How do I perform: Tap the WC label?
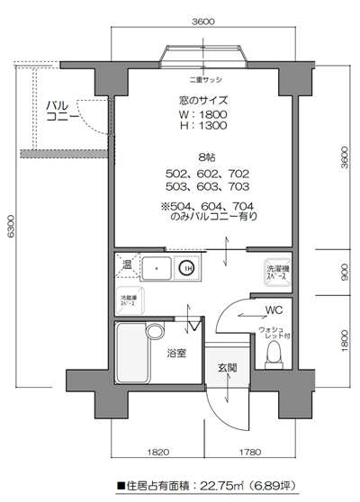[274, 310]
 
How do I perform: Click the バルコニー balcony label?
[62, 112]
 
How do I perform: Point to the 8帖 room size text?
[202, 155]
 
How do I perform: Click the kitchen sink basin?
[157, 267]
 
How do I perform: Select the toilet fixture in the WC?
[274, 352]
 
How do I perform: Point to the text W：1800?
[202, 114]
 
